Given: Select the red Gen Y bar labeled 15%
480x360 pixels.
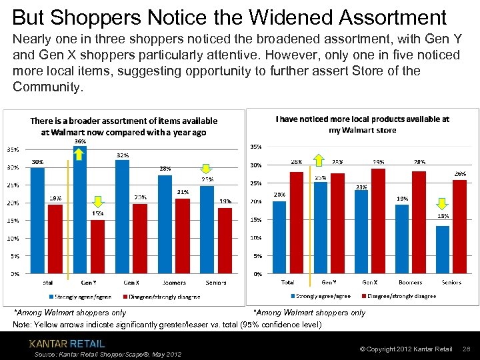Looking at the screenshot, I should (x=98, y=246).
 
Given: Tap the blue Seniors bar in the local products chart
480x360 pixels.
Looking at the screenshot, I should (x=443, y=249).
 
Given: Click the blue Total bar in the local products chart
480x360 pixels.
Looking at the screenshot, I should (x=279, y=237).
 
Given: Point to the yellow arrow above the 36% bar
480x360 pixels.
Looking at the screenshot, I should (x=79, y=155).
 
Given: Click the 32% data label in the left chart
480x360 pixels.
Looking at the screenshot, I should (x=123, y=155).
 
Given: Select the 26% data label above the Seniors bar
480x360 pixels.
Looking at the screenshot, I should (x=460, y=173).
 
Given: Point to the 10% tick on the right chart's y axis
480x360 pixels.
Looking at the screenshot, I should (x=255, y=238).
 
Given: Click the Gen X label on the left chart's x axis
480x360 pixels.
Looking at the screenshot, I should (x=131, y=283).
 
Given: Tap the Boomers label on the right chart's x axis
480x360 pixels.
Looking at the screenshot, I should (x=410, y=283).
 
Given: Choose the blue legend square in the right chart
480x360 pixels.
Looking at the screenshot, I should (x=291, y=295).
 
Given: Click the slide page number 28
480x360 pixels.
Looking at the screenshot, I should (x=466, y=349).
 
